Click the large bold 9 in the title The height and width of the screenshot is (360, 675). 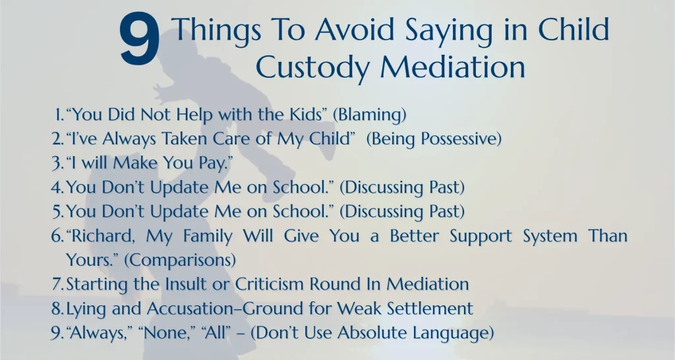140,40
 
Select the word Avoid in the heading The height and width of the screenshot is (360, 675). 354,30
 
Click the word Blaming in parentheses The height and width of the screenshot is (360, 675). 370,115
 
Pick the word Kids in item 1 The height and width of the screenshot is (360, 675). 306,115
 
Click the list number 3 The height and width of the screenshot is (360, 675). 57,164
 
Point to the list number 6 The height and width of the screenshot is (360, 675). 57,236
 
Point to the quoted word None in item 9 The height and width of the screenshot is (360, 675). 163,333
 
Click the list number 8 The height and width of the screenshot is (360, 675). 57,309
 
